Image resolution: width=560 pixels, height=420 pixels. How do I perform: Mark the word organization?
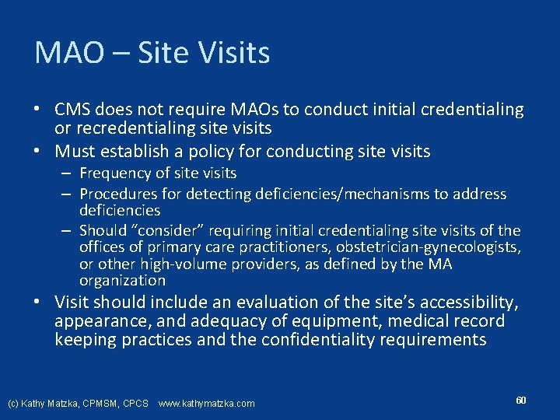pos(122,281)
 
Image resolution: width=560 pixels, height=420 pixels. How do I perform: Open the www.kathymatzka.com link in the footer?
pos(206,404)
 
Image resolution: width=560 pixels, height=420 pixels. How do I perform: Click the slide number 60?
pos(521,400)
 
